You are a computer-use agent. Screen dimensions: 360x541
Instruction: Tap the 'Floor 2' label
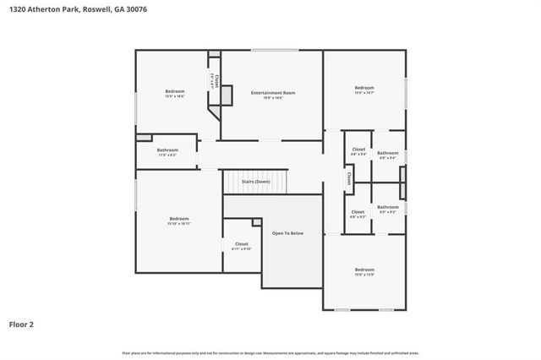pyautogui.click(x=22, y=324)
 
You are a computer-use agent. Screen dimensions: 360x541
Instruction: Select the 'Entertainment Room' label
pyautogui.click(x=273, y=92)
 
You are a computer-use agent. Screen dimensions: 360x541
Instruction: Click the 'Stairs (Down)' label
pyautogui.click(x=255, y=182)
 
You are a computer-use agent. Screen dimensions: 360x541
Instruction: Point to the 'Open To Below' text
pyautogui.click(x=287, y=232)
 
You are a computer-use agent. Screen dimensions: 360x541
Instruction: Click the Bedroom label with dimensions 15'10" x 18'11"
pyautogui.click(x=179, y=219)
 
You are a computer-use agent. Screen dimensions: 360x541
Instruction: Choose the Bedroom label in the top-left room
pyautogui.click(x=175, y=91)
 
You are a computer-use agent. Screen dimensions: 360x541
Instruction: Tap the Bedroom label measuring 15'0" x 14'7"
pyautogui.click(x=364, y=88)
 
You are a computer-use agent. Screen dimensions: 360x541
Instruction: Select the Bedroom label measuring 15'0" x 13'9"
pyautogui.click(x=364, y=270)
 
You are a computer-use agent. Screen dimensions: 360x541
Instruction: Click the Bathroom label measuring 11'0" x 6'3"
pyautogui.click(x=167, y=150)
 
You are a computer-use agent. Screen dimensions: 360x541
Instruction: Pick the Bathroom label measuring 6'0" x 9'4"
pyautogui.click(x=388, y=153)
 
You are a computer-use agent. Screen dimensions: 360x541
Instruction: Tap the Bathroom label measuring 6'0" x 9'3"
pyautogui.click(x=388, y=207)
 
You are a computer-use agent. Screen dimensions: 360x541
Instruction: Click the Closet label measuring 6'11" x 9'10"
pyautogui.click(x=242, y=244)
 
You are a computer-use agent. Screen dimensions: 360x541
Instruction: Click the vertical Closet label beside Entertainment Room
pyautogui.click(x=216, y=82)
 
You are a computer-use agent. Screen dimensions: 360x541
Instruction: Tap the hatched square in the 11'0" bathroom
pyautogui.click(x=145, y=138)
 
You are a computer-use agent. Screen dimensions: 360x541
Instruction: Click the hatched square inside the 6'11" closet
pyautogui.click(x=256, y=222)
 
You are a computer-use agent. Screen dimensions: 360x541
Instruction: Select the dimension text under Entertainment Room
pyautogui.click(x=273, y=98)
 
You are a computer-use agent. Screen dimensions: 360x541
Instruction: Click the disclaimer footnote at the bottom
pyautogui.click(x=270, y=352)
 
